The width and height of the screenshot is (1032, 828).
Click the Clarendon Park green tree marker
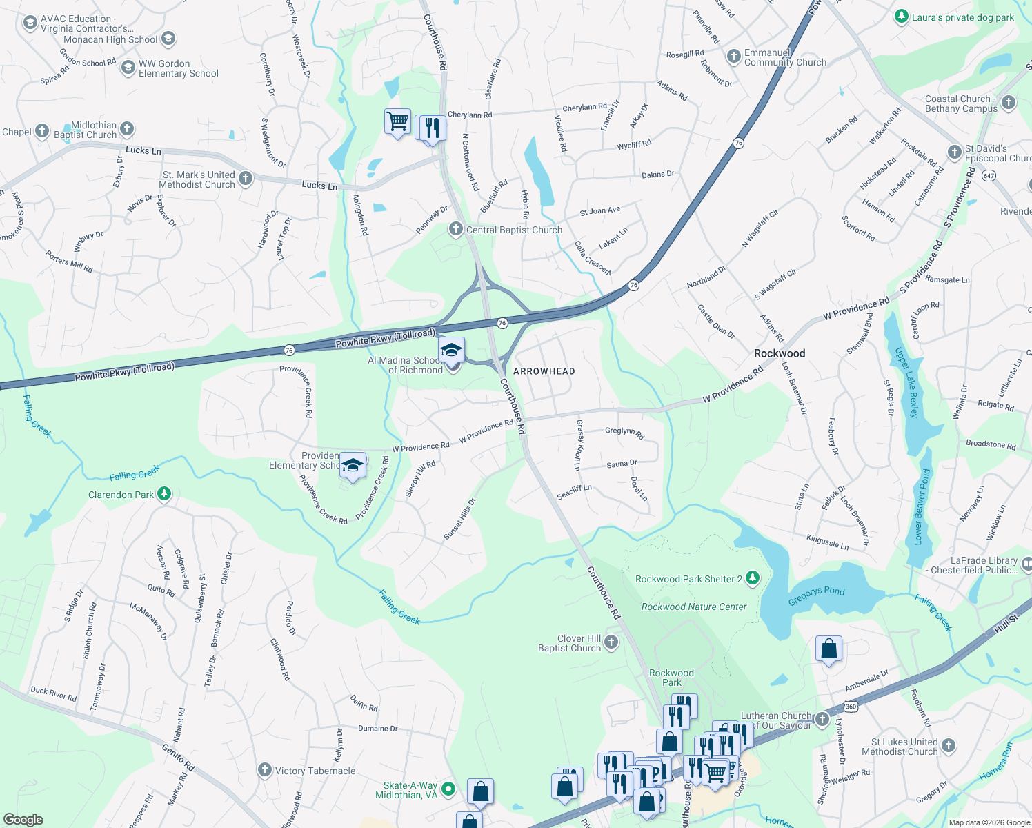point(163,493)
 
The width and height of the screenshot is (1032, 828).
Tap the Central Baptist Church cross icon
point(455,229)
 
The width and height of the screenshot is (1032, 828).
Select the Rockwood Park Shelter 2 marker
point(753,578)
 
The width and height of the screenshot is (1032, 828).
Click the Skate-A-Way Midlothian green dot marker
point(448,788)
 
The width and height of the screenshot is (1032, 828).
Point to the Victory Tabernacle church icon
point(265,770)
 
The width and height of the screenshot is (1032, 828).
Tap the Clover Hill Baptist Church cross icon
point(611,642)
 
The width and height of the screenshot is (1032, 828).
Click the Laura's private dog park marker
point(901,17)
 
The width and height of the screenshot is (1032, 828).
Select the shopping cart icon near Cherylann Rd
point(398,121)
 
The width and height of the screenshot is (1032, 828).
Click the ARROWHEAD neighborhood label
point(544,371)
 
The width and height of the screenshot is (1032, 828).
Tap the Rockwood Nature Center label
point(694,607)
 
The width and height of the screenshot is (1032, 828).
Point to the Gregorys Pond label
point(816,595)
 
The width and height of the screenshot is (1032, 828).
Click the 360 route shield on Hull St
point(851,707)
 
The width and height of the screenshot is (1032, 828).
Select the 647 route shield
point(989,175)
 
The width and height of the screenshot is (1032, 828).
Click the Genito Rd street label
point(179,757)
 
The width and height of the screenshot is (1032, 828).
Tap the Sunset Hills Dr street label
point(459,519)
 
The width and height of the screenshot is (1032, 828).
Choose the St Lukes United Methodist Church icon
point(949,745)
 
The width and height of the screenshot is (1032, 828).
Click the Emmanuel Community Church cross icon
point(733,56)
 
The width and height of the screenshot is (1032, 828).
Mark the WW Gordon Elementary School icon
point(128,67)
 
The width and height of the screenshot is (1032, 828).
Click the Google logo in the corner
point(23,819)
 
